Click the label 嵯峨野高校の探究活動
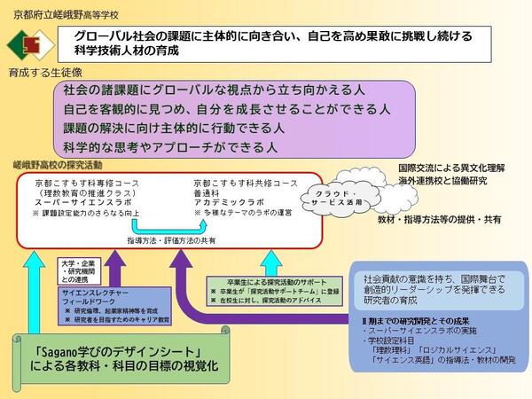click(x=57, y=166)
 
